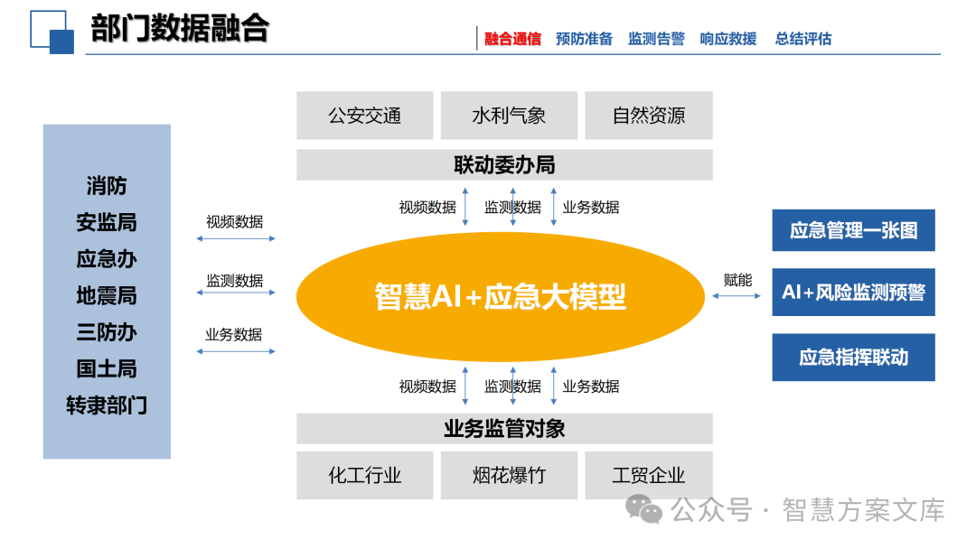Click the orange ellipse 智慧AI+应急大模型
tap(500, 296)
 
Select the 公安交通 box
tap(364, 116)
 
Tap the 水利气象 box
tap(509, 116)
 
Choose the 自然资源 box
tap(649, 116)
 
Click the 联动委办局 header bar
tap(504, 165)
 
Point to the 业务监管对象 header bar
tap(504, 428)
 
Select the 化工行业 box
tap(364, 475)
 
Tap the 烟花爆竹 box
tap(509, 475)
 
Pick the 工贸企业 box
tap(649, 475)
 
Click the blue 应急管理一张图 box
tap(853, 230)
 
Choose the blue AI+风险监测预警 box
tap(853, 293)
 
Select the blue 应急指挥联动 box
tap(853, 358)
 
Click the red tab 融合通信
tap(512, 39)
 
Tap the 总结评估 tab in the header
tap(802, 39)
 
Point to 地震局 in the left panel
tap(107, 295)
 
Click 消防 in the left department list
tap(107, 186)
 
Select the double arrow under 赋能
tap(737, 295)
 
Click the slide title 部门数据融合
tap(180, 29)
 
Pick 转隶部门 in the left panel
tap(107, 405)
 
